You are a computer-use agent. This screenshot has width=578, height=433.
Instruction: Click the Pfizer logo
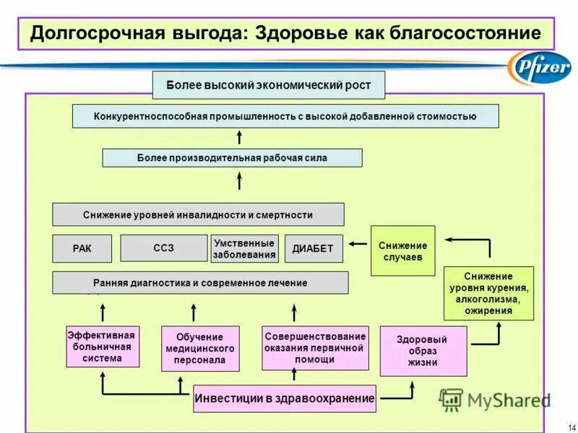(x=539, y=69)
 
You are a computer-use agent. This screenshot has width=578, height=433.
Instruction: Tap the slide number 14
(x=572, y=424)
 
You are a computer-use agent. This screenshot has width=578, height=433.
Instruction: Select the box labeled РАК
(x=82, y=248)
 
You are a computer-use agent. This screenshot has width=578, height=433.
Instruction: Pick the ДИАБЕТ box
(x=313, y=248)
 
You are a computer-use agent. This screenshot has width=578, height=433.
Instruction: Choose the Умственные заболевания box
(x=244, y=248)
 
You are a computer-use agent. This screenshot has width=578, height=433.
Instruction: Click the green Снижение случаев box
(x=402, y=250)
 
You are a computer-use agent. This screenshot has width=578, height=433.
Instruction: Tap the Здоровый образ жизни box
(x=423, y=351)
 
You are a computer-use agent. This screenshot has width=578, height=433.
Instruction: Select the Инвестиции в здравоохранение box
(x=285, y=398)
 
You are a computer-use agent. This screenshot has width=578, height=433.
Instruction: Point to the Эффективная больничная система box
(x=102, y=346)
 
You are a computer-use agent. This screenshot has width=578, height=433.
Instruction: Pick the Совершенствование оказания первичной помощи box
(x=314, y=348)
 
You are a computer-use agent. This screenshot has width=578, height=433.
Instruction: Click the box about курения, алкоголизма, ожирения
(x=488, y=293)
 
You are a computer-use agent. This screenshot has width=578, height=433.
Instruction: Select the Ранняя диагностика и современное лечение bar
(x=200, y=283)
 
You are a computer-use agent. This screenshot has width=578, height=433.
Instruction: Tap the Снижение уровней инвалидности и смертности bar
(x=198, y=214)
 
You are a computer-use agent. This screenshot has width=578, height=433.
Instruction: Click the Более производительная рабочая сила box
(x=232, y=157)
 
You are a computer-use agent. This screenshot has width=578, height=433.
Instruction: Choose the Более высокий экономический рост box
(x=268, y=85)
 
